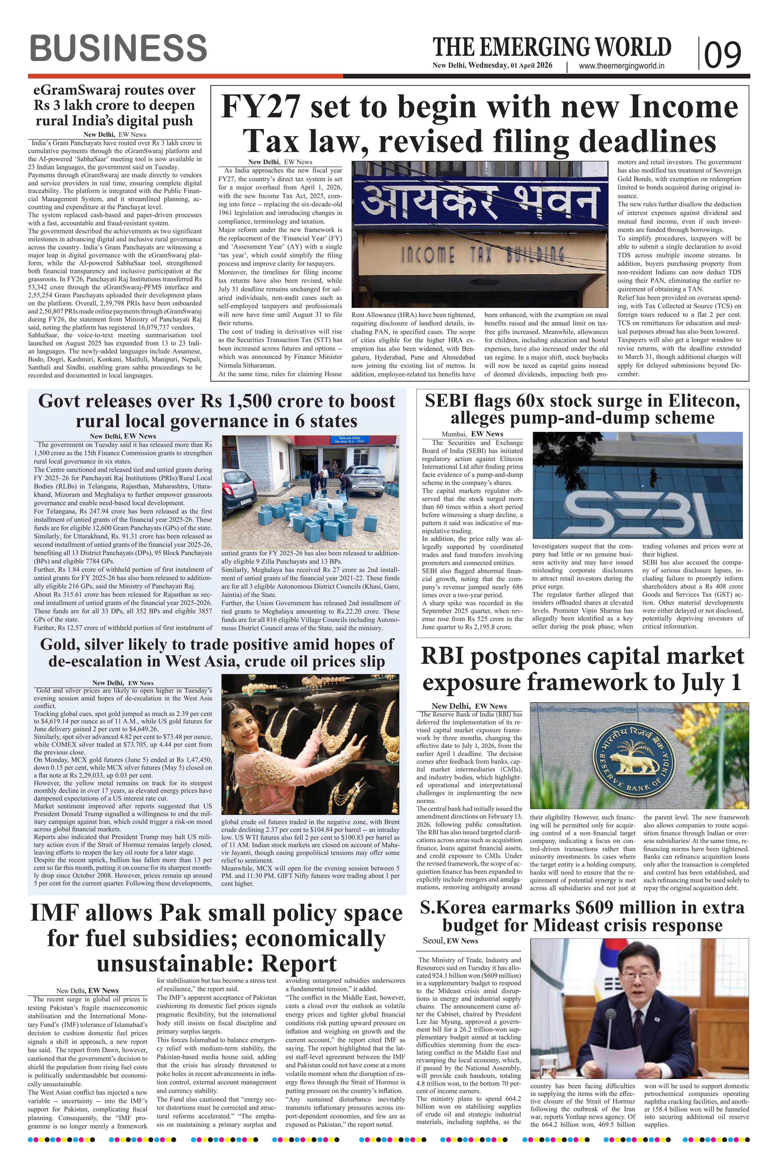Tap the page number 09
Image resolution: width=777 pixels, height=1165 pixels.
tap(723, 54)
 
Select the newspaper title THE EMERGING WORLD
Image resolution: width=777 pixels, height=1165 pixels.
tap(552, 47)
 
